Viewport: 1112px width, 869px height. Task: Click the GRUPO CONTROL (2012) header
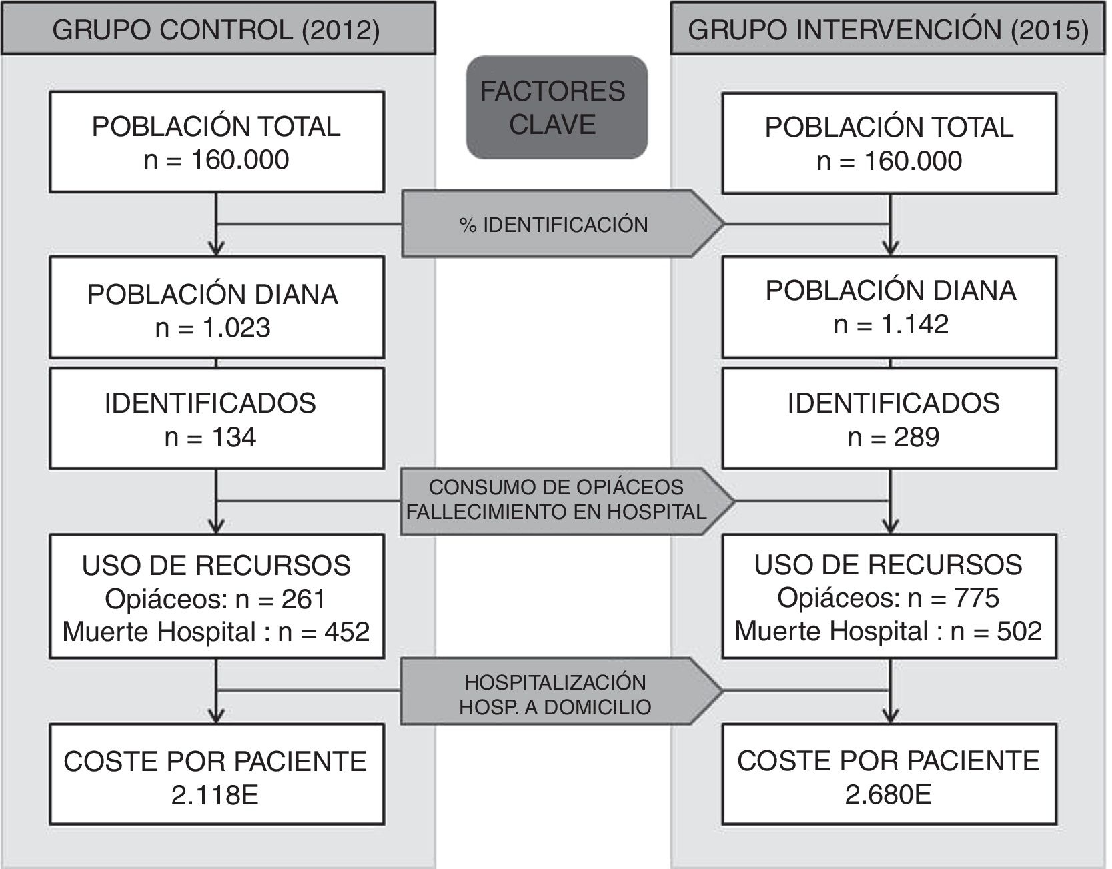pyautogui.click(x=216, y=30)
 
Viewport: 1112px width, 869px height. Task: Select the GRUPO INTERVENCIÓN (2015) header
pyautogui.click(x=888, y=30)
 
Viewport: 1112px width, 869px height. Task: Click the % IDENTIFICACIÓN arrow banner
pyautogui.click(x=554, y=225)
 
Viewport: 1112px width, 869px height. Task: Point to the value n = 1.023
pyautogui.click(x=213, y=327)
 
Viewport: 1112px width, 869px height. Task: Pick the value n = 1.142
pyautogui.click(x=891, y=324)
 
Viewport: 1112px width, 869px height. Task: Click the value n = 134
pyautogui.click(x=210, y=437)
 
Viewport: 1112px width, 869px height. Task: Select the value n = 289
pyautogui.click(x=893, y=437)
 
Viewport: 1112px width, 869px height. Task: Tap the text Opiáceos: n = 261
pyautogui.click(x=215, y=599)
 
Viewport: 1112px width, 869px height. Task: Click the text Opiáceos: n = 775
pyautogui.click(x=888, y=598)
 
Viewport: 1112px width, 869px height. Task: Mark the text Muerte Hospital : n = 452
pyautogui.click(x=215, y=632)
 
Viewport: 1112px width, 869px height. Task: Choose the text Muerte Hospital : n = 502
pyautogui.click(x=888, y=630)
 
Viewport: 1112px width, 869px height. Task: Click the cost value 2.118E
pyautogui.click(x=215, y=795)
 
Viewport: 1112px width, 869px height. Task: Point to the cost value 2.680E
pyautogui.click(x=888, y=794)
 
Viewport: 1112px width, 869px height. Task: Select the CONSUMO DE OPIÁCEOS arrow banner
pyautogui.click(x=556, y=499)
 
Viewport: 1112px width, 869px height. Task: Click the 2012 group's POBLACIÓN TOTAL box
pyautogui.click(x=217, y=142)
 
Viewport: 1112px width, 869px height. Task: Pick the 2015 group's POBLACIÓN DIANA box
pyautogui.click(x=889, y=307)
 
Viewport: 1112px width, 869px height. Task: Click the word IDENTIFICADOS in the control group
pyautogui.click(x=210, y=403)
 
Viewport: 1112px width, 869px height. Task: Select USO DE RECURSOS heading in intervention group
pyautogui.click(x=888, y=565)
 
